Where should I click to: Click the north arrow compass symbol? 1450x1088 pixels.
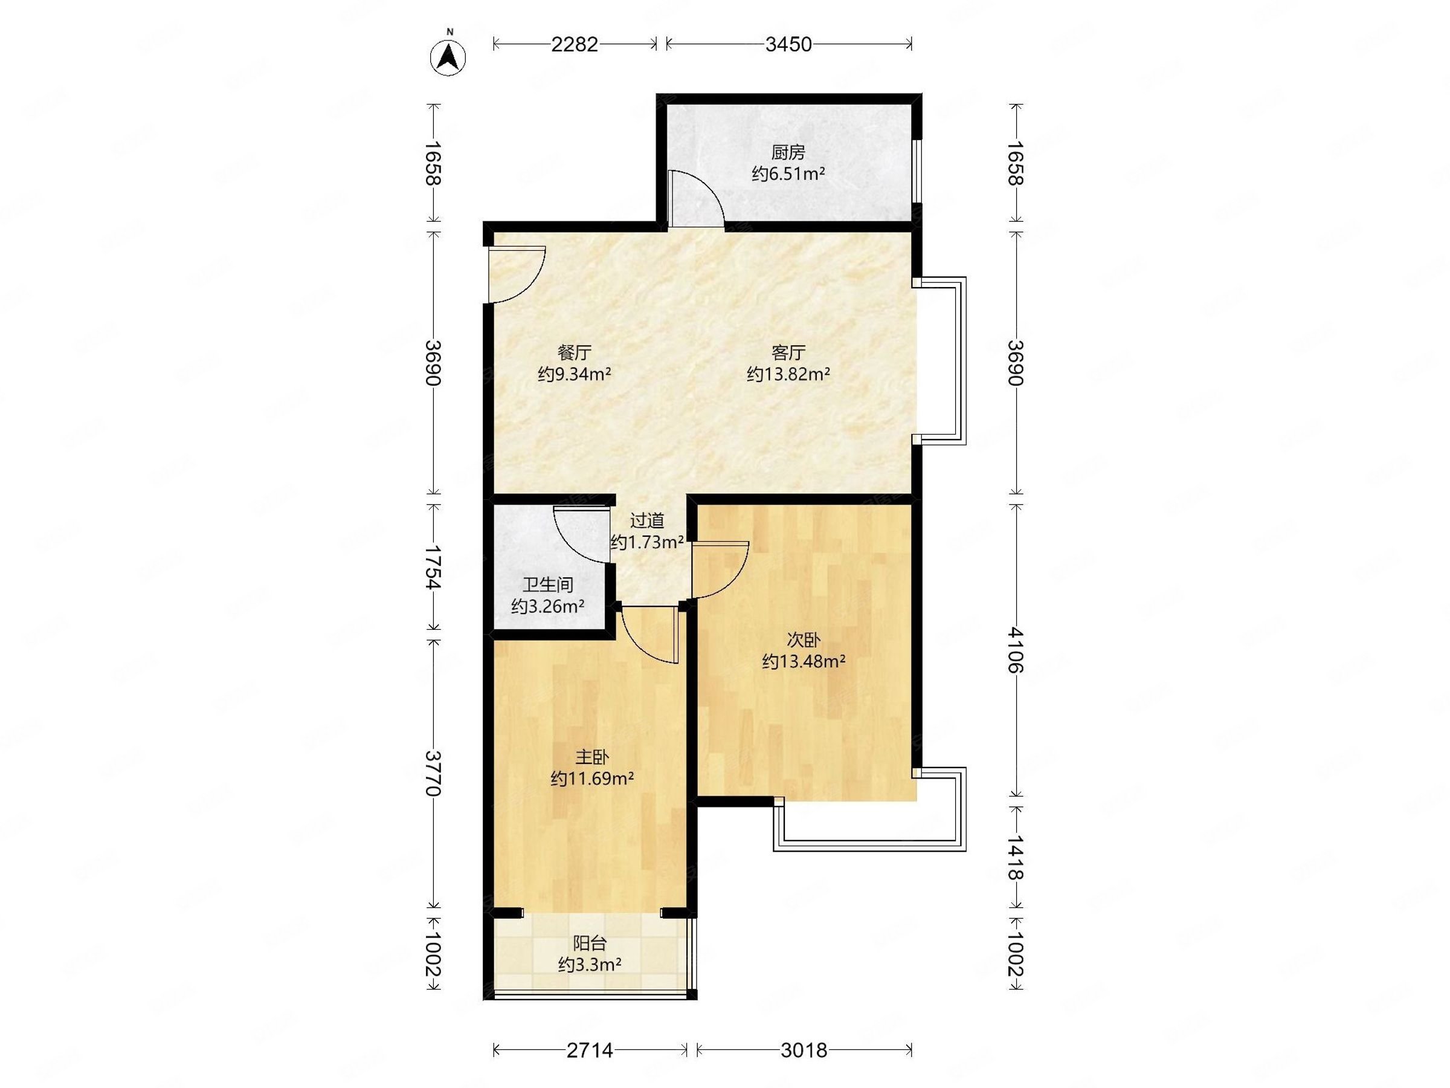click(x=448, y=56)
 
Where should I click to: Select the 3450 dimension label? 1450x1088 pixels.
click(x=788, y=44)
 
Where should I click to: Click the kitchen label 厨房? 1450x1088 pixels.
click(x=788, y=153)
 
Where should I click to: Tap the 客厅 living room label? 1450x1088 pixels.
click(x=788, y=353)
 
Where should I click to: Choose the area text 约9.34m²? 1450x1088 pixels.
click(x=574, y=375)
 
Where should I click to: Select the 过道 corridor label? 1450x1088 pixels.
click(x=647, y=520)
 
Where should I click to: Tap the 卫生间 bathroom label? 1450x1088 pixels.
click(x=547, y=584)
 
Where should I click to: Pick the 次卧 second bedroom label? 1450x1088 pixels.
click(x=803, y=640)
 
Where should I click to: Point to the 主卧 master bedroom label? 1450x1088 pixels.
click(x=592, y=757)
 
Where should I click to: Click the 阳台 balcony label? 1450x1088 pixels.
click(x=590, y=944)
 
